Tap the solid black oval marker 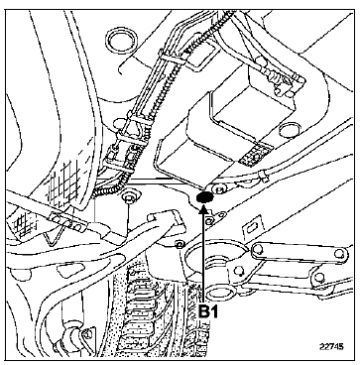(207, 197)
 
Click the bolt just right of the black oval (220, 188)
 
